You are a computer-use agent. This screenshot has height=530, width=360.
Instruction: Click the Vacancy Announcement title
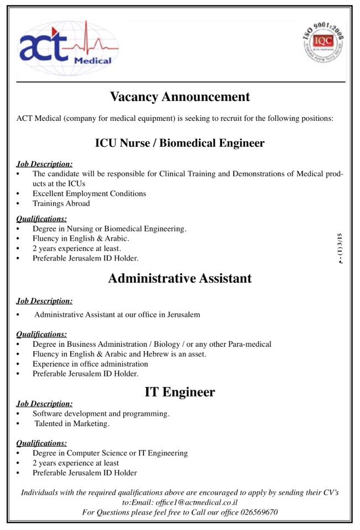click(180, 97)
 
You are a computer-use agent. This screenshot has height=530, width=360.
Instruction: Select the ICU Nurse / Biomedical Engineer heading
click(180, 143)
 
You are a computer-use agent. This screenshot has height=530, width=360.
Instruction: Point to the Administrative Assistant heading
click(180, 278)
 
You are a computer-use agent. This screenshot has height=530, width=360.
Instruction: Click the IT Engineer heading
click(180, 393)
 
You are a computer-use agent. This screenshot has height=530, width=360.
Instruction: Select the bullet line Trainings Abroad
click(61, 204)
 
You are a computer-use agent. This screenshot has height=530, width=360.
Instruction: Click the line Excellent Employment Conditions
click(89, 194)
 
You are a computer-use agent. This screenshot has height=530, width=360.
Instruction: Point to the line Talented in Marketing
click(72, 424)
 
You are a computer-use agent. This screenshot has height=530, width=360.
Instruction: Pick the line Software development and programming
click(100, 414)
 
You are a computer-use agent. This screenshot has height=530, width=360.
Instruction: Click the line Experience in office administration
click(90, 364)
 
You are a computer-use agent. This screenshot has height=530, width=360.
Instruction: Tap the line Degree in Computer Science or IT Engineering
click(110, 453)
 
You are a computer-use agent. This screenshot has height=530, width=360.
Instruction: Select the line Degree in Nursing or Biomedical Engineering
click(109, 228)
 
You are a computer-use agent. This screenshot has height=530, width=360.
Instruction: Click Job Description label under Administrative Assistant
click(44, 301)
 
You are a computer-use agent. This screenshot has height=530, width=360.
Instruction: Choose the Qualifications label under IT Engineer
click(42, 443)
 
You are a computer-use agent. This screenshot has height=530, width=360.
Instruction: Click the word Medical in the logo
click(92, 61)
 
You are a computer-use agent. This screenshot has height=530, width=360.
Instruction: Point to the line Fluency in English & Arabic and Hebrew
click(119, 354)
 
